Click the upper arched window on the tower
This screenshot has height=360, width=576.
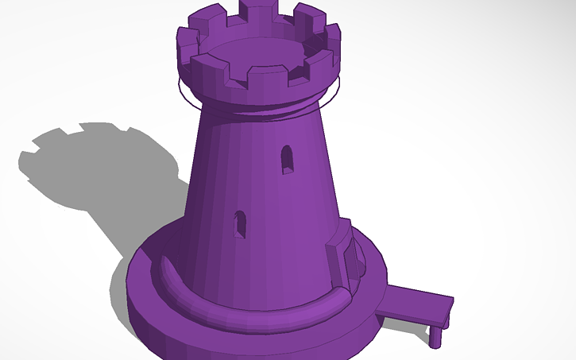tap(287, 159)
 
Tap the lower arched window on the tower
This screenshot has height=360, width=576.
tap(239, 225)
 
